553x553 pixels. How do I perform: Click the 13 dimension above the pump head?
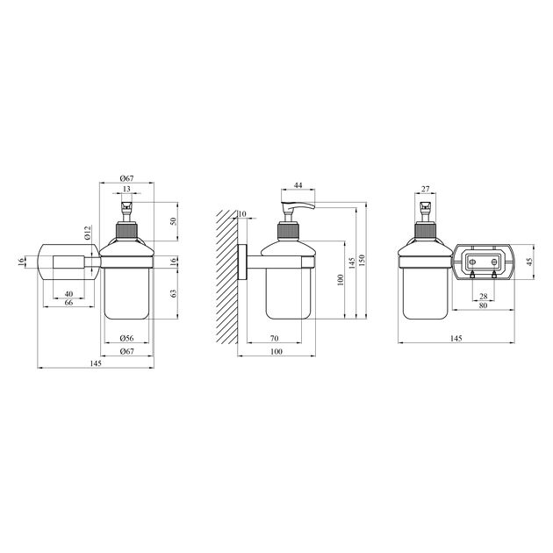[126, 189]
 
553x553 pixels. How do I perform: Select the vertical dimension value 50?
[173, 221]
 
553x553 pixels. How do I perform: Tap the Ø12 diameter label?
[88, 233]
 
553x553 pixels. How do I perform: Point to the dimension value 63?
[173, 293]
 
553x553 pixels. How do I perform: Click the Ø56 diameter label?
[126, 338]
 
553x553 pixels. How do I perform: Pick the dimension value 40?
[68, 294]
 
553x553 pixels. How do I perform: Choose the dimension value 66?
[68, 303]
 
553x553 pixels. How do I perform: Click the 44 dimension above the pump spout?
[298, 185]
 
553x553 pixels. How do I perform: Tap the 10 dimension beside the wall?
[242, 214]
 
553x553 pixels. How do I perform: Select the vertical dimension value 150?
[363, 261]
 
